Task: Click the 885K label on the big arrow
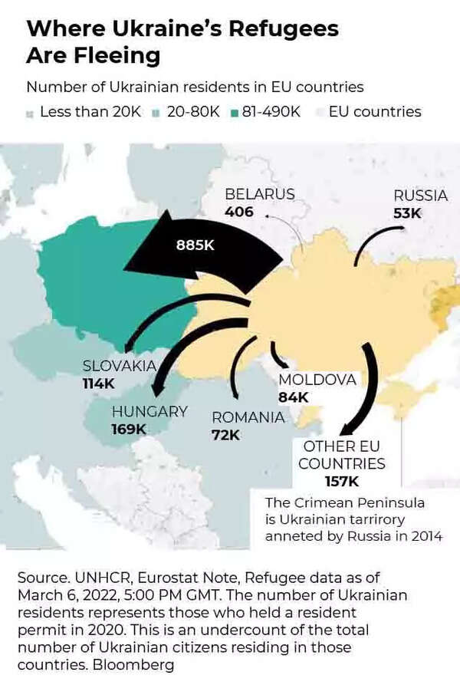[194, 245]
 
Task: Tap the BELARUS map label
[259, 194]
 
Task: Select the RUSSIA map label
[420, 196]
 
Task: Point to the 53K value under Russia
[407, 213]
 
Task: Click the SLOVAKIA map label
[120, 365]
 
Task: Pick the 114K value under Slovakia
[99, 383]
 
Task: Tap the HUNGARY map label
[149, 412]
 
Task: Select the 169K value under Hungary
[129, 430]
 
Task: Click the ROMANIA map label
[248, 417]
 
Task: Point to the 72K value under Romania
[225, 435]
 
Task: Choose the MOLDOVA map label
[317, 380]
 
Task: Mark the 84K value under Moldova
[293, 397]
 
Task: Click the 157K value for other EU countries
[341, 482]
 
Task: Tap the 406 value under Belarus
[239, 211]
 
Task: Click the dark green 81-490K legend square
[235, 113]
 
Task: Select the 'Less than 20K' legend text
[90, 111]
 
